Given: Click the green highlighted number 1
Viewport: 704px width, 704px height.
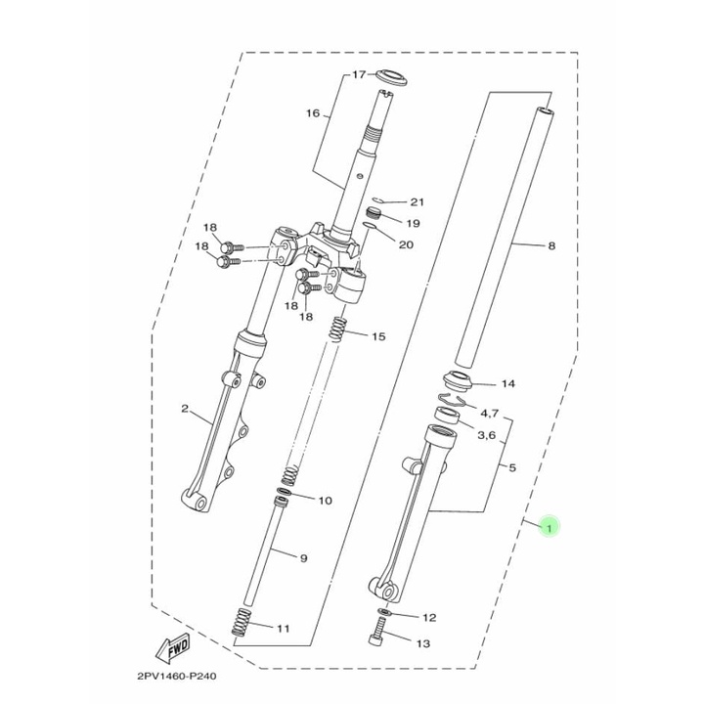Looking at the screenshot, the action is pyautogui.click(x=550, y=526).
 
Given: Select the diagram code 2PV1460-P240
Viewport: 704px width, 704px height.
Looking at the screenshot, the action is pyautogui.click(x=176, y=676).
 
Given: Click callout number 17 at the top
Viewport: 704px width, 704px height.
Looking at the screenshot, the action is pyautogui.click(x=359, y=74).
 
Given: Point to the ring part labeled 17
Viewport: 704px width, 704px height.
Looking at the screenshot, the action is pyautogui.click(x=391, y=77).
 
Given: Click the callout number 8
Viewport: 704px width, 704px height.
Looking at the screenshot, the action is pyautogui.click(x=551, y=245).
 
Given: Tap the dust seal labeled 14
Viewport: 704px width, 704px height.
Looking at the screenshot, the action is pyautogui.click(x=458, y=381).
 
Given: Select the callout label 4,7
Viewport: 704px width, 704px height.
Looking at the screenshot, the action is pyautogui.click(x=490, y=413).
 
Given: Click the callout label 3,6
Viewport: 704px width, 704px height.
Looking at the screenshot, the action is pyautogui.click(x=486, y=434).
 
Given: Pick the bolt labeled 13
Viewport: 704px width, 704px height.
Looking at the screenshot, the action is pyautogui.click(x=378, y=631).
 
